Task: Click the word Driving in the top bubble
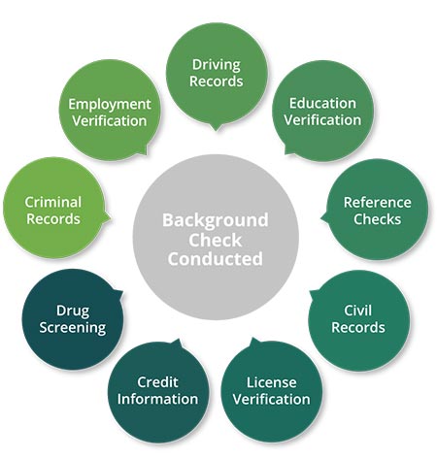(217, 66)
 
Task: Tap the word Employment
(110, 105)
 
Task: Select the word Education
(322, 104)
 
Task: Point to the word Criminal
(53, 203)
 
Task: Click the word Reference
(378, 203)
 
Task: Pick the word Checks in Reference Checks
(377, 219)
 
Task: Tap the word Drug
(73, 311)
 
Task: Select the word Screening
(73, 328)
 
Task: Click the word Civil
(357, 311)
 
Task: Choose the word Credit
(157, 382)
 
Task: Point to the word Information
(157, 399)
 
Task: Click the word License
(272, 382)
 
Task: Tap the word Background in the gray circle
(216, 221)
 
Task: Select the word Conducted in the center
(216, 259)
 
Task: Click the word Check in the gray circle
(216, 241)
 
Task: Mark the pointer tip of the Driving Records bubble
(217, 131)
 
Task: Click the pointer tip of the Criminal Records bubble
(111, 217)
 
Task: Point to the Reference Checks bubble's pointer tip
(320, 218)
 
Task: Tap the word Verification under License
(272, 400)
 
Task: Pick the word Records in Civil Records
(358, 327)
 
